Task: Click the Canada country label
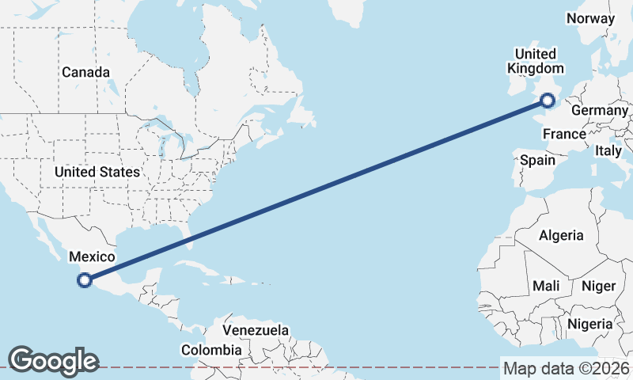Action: (x=85, y=72)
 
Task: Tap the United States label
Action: (x=97, y=172)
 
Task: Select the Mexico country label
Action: (x=93, y=256)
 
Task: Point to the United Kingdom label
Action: (x=536, y=62)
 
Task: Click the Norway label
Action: (x=590, y=18)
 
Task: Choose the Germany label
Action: (x=599, y=110)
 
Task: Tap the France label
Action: (x=564, y=135)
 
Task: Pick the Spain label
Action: (x=537, y=160)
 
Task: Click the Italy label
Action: (x=608, y=150)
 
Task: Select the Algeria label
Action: (x=561, y=235)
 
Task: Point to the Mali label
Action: (x=546, y=285)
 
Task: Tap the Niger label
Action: (x=598, y=286)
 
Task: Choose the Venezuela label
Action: (x=256, y=329)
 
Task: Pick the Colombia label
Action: (x=211, y=349)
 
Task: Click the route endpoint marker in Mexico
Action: (x=85, y=279)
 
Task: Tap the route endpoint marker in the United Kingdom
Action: (x=548, y=100)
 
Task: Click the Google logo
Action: (x=53, y=361)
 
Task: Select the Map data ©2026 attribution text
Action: (x=567, y=368)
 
